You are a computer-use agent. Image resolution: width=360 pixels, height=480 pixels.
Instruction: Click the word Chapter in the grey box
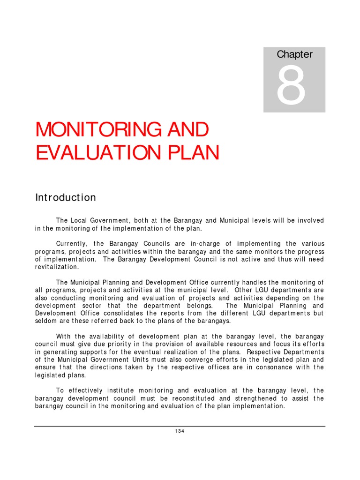pyautogui.click(x=294, y=54)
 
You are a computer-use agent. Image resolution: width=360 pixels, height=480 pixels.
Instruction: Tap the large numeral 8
pyautogui.click(x=292, y=86)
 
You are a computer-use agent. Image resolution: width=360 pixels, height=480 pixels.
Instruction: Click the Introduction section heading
pyautogui.click(x=66, y=197)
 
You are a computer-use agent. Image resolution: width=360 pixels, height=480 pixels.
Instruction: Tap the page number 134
pyautogui.click(x=180, y=431)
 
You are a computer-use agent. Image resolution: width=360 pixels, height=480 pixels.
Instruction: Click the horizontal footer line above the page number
pyautogui.click(x=180, y=426)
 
